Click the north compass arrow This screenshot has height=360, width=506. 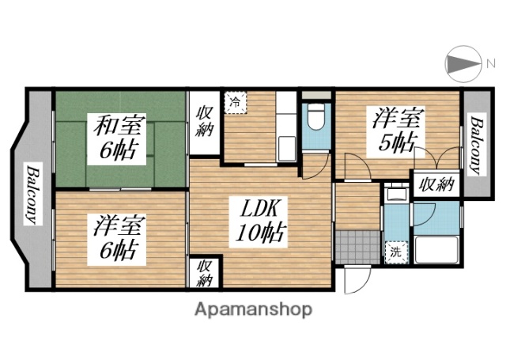click(463, 63)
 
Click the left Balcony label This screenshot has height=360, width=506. click(32, 194)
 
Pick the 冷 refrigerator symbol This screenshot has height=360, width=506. click(236, 102)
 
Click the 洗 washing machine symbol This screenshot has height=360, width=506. click(393, 253)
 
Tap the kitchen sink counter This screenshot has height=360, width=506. click(285, 127)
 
